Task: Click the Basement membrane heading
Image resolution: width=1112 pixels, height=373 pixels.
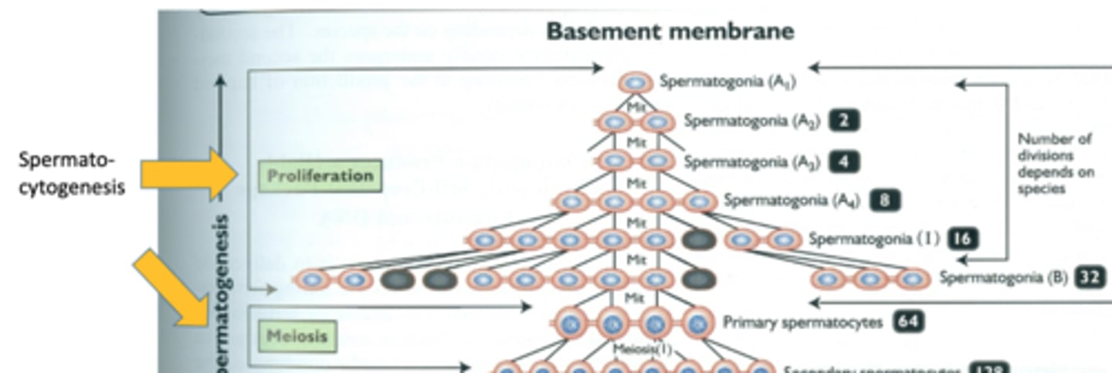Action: click(670, 32)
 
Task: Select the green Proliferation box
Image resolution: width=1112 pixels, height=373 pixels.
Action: click(320, 176)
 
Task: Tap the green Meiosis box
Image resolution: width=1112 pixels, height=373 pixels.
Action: click(297, 336)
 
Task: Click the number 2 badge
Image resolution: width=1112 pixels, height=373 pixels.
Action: click(844, 121)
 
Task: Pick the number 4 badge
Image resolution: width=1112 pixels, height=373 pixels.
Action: click(844, 162)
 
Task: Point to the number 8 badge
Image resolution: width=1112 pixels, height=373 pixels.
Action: click(884, 200)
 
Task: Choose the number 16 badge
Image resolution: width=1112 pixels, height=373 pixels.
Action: click(962, 239)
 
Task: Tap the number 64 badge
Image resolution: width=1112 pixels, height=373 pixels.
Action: click(910, 322)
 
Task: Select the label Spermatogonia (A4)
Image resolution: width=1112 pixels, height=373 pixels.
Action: click(792, 200)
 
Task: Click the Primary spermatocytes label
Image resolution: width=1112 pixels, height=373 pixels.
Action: click(802, 322)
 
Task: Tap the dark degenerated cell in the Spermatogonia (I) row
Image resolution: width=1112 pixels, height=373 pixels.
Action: click(699, 239)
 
